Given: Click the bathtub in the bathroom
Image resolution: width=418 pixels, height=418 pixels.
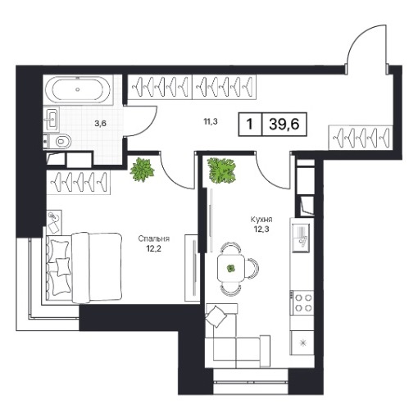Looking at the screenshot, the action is click(x=78, y=89).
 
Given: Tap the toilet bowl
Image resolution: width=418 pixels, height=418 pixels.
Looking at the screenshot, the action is click(x=62, y=142).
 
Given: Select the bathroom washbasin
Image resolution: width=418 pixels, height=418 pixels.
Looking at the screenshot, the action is click(x=52, y=119).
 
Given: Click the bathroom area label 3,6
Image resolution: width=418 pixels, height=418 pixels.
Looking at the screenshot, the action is click(x=100, y=124).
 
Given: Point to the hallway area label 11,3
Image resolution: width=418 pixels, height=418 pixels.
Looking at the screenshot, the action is click(x=211, y=121).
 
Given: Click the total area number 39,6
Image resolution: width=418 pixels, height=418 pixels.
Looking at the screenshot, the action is click(x=284, y=125).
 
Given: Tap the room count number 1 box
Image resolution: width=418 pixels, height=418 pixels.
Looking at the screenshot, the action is click(x=250, y=125).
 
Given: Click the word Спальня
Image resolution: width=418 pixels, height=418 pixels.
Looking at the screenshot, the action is click(x=153, y=239).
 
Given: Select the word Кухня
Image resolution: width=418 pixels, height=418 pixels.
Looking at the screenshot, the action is click(x=261, y=220).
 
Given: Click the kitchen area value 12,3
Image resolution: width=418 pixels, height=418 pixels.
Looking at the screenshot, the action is click(x=261, y=229).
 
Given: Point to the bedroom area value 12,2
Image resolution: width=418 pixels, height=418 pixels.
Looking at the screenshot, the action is click(x=154, y=249).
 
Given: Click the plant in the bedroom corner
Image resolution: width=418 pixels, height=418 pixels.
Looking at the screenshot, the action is click(x=142, y=170).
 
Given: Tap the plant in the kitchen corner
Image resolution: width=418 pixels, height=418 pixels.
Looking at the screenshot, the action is click(x=221, y=170).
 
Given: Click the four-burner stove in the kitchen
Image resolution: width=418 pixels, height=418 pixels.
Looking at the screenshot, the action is click(x=302, y=302).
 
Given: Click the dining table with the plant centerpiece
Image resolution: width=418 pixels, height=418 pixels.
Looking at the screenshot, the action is click(x=231, y=269).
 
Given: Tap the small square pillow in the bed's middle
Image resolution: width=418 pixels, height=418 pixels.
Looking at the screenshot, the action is click(x=63, y=266).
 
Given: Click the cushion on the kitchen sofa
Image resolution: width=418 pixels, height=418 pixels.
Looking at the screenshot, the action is click(x=216, y=316).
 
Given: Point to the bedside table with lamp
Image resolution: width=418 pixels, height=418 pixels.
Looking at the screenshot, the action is click(x=54, y=222).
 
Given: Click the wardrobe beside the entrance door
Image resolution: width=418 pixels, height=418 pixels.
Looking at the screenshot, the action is click(x=361, y=138).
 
